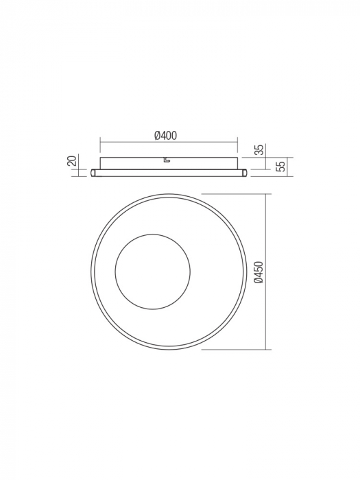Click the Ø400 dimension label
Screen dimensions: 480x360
166,136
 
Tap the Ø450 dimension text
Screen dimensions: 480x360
259,272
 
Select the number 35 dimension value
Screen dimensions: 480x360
259,149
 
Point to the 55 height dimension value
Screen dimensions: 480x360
280,167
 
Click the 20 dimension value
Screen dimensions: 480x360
72,161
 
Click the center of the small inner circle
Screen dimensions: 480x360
152,271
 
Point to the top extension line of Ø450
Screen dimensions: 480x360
233,193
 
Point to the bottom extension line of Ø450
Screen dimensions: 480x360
233,350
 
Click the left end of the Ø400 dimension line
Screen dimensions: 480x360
101,143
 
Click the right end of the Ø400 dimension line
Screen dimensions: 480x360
237,143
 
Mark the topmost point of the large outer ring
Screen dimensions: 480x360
169,194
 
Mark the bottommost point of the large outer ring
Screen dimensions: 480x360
169,349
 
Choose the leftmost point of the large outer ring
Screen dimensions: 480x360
91,272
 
